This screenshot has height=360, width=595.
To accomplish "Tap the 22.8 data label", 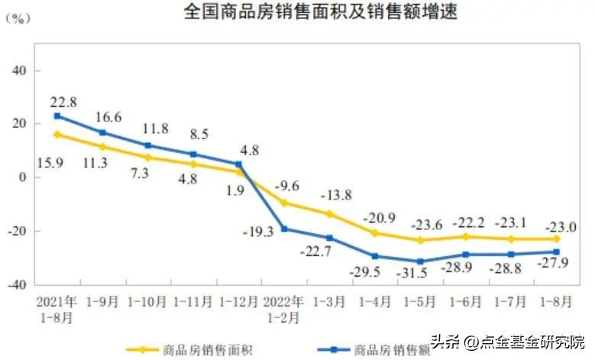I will click(63, 102).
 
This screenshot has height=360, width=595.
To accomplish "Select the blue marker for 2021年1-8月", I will click(57, 116).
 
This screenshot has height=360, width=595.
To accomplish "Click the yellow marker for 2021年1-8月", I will click(57, 135).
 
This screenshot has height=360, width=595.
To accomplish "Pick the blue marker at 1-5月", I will click(420, 261).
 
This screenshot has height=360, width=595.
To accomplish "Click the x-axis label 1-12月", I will click(238, 301).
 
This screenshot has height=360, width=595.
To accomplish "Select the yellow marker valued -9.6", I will click(283, 203).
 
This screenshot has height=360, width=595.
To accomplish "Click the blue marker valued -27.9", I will click(557, 251).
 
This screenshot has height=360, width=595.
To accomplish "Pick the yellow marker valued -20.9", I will click(375, 233).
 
